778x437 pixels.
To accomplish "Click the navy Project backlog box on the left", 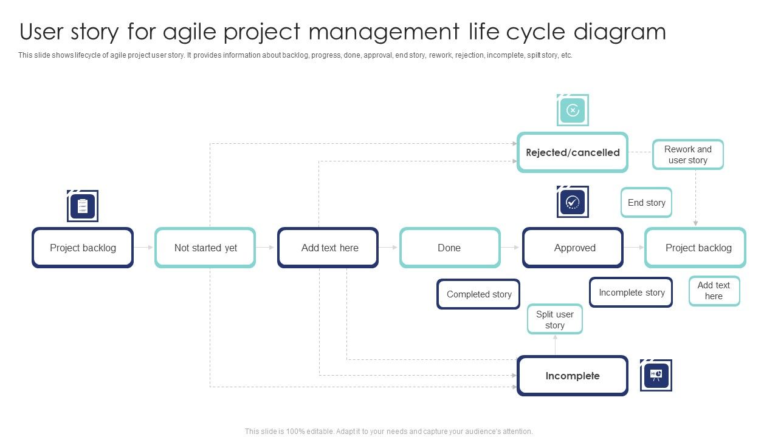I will [x=83, y=248].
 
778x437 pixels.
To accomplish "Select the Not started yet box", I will [x=205, y=248].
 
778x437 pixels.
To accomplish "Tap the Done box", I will [x=450, y=248].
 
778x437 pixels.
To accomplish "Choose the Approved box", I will [x=573, y=248].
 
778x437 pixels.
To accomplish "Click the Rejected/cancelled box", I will [x=573, y=152].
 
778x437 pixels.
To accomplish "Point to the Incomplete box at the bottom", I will [x=573, y=376].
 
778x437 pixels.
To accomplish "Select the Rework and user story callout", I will [x=688, y=155].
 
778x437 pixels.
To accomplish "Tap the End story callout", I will [x=646, y=203].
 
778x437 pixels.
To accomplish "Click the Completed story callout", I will [x=478, y=294].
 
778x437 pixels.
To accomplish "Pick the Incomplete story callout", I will [x=631, y=293].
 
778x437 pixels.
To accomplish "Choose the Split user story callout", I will [x=554, y=320].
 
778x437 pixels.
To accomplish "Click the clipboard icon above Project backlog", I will [x=83, y=206].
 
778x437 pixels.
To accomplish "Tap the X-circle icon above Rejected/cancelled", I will [x=573, y=110].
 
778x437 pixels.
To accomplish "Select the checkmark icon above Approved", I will [x=573, y=202].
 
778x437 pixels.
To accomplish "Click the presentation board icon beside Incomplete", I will [x=656, y=376].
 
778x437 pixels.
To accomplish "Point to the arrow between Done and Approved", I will [x=511, y=248].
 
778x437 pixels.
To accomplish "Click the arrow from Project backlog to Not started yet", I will [x=144, y=248].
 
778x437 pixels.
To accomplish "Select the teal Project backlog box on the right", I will [x=695, y=248].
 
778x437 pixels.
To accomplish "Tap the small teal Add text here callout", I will [x=714, y=291].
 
